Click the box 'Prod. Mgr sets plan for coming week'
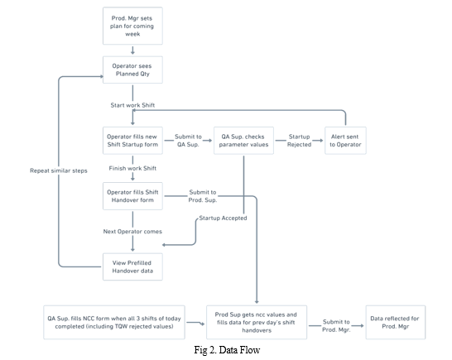(x=132, y=26)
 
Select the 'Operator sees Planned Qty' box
(x=132, y=70)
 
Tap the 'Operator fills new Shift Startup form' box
(x=132, y=141)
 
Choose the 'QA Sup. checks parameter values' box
(x=243, y=141)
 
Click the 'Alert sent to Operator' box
(x=345, y=141)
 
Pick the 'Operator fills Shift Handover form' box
(x=132, y=196)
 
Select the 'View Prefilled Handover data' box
(x=132, y=266)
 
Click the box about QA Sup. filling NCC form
(x=114, y=322)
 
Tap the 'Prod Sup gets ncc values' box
(x=257, y=322)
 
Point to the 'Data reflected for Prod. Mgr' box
(x=396, y=322)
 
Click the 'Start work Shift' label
(x=132, y=105)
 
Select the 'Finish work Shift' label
(x=132, y=168)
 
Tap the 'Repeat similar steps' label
(x=59, y=170)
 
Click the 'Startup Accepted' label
(x=223, y=218)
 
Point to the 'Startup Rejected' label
(x=299, y=141)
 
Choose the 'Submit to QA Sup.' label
(x=188, y=141)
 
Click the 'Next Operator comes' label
(x=132, y=232)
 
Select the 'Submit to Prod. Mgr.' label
(x=336, y=326)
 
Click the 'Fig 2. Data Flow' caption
(x=227, y=350)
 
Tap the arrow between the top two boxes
(x=132, y=50)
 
